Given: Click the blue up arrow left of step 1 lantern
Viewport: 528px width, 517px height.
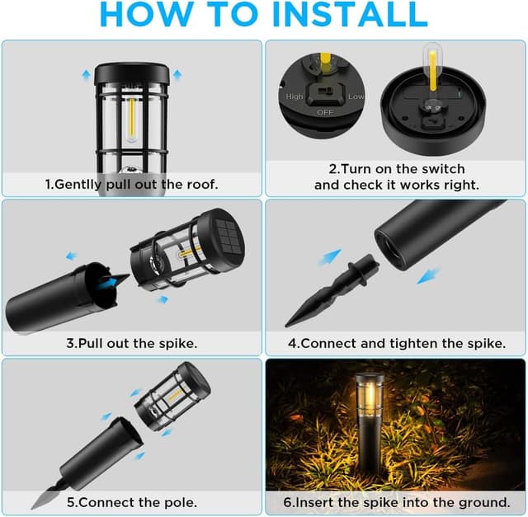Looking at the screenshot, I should pyautogui.click(x=85, y=73).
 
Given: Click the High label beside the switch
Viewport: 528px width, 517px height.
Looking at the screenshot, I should pyautogui.click(x=295, y=96).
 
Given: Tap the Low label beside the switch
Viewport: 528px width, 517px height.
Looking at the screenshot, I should pyautogui.click(x=356, y=96).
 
